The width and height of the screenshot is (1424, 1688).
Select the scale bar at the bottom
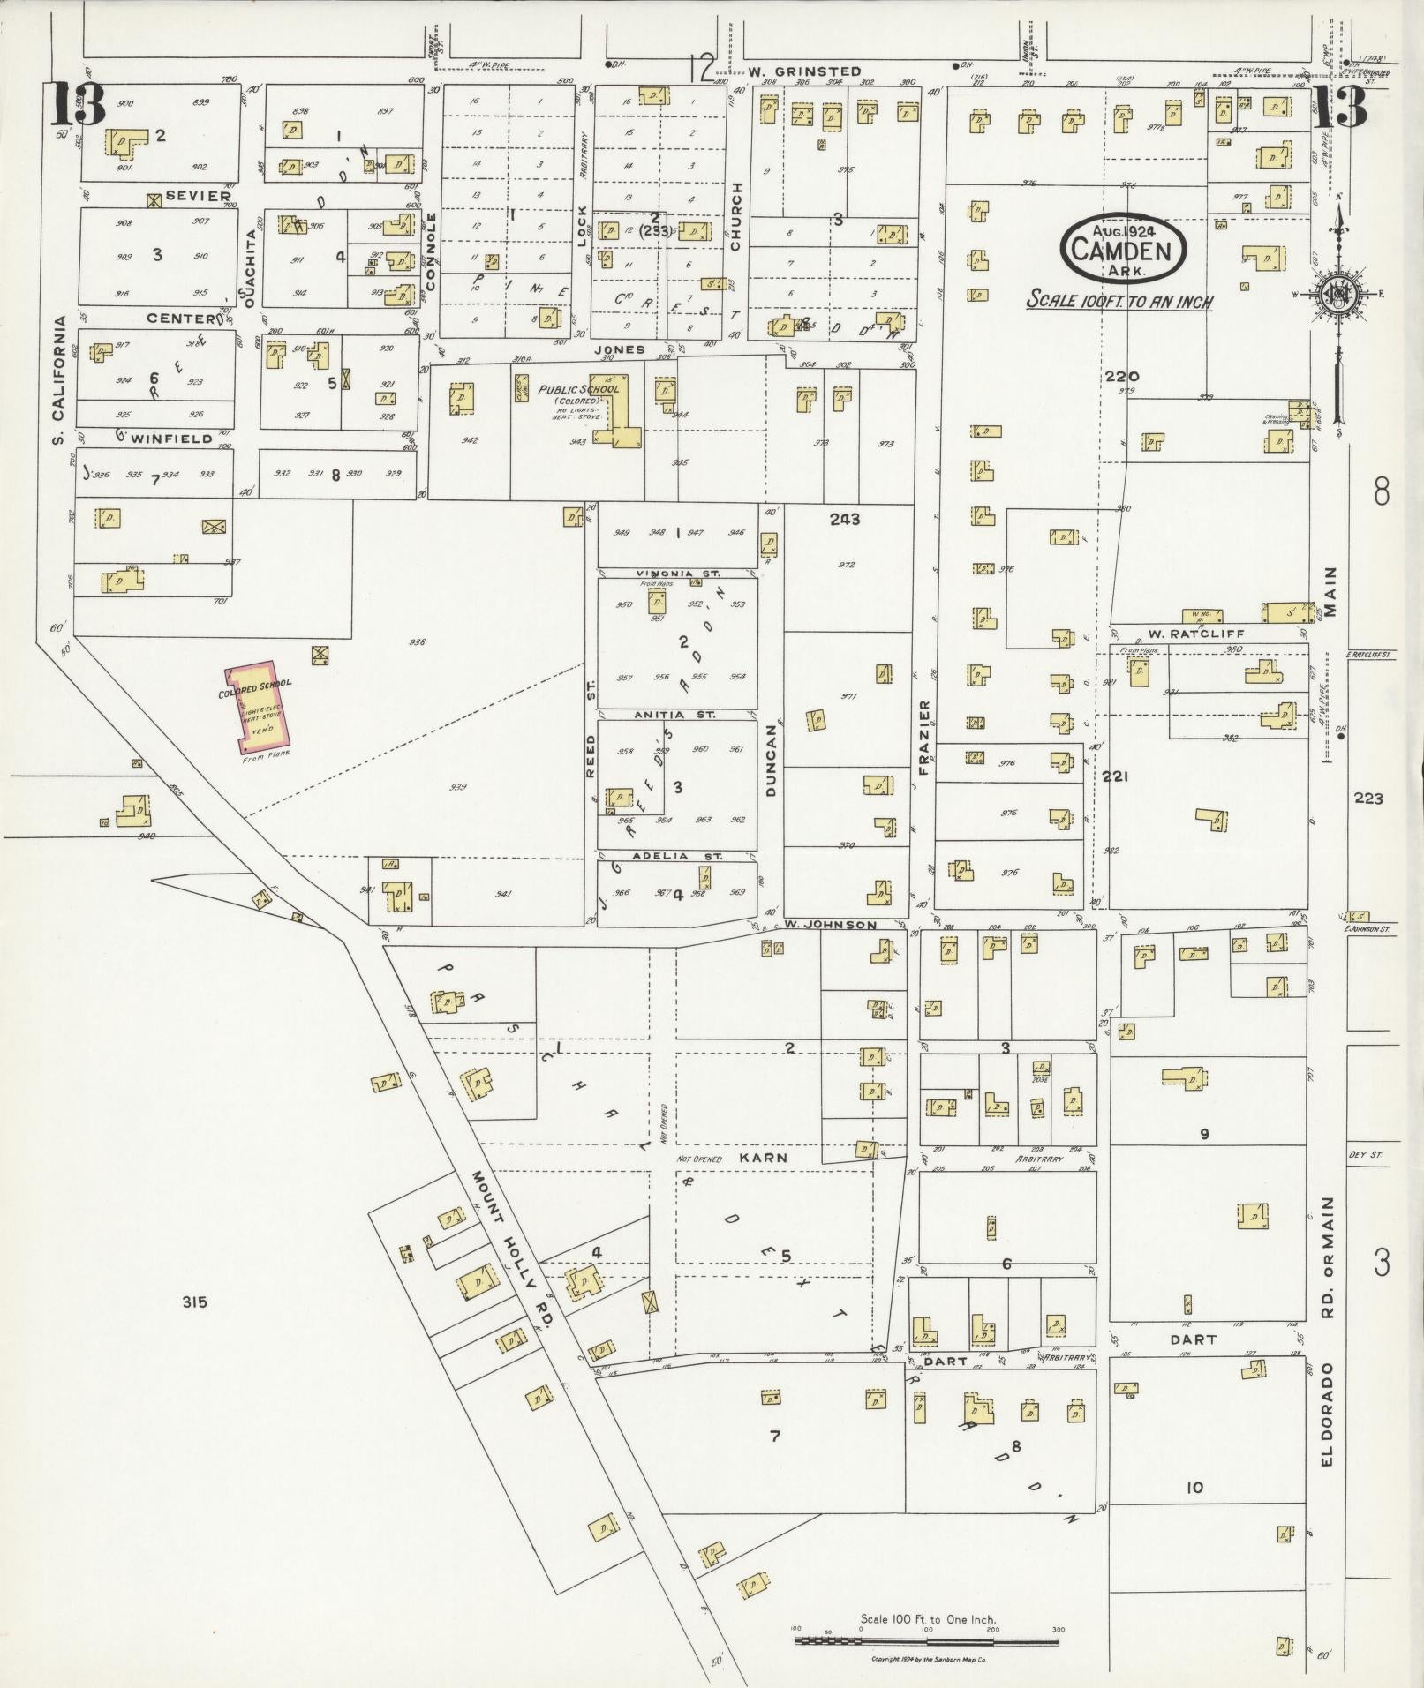point(927,1639)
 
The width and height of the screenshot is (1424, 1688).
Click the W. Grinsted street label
point(804,71)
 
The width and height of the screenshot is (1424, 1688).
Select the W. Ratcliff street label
point(1183,634)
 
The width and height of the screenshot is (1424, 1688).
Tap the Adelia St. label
point(677,856)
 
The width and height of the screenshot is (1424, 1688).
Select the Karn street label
point(763,1157)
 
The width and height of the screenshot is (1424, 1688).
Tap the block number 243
point(844,519)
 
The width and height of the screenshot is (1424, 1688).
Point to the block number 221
point(1115,776)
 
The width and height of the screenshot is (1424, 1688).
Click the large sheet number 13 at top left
point(77,104)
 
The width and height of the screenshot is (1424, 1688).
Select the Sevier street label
point(198,196)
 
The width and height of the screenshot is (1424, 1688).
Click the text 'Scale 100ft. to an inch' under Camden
point(1119,301)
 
